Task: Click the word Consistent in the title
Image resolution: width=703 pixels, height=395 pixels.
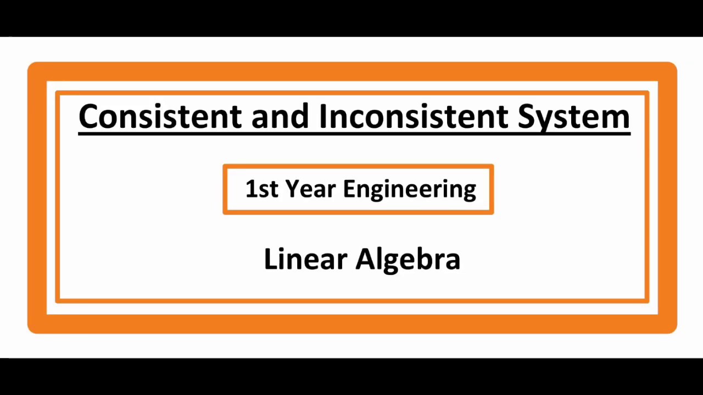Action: pyautogui.click(x=160, y=116)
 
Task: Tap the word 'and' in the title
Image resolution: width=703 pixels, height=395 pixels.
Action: pyautogui.click(x=280, y=116)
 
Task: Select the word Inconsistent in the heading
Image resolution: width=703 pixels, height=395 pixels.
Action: pyautogui.click(x=412, y=116)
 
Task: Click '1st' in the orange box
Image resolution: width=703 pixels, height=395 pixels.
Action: pyautogui.click(x=262, y=189)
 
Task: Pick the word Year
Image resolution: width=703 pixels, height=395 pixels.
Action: pyautogui.click(x=310, y=189)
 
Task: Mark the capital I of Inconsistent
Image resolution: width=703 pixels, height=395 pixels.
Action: pyautogui.click(x=323, y=116)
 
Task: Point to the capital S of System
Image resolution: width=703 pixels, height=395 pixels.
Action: pyautogui.click(x=527, y=116)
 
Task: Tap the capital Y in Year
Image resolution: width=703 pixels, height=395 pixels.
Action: pyautogui.click(x=292, y=189)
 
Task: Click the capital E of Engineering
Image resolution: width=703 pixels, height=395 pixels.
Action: pyautogui.click(x=349, y=189)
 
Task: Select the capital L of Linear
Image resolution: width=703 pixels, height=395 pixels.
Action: pyautogui.click(x=270, y=259)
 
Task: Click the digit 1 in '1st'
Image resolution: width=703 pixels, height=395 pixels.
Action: pyautogui.click(x=250, y=189)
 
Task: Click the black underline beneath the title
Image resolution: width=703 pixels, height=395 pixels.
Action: pyautogui.click(x=354, y=132)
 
